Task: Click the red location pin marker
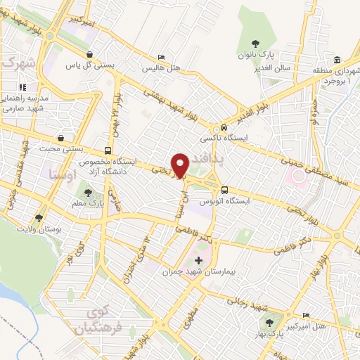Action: coord(181,164)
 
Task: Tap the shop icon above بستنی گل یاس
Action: coord(89,54)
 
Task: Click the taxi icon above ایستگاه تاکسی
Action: coord(223,128)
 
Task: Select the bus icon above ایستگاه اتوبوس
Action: coord(224,189)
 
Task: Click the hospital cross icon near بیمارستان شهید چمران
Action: coord(198,259)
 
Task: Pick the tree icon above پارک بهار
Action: coord(268,323)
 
